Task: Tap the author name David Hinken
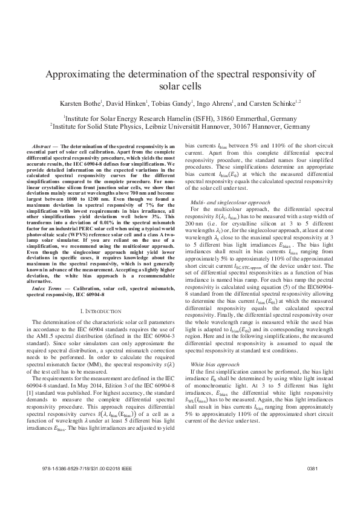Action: click(128, 104)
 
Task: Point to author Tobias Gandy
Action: click(172, 104)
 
